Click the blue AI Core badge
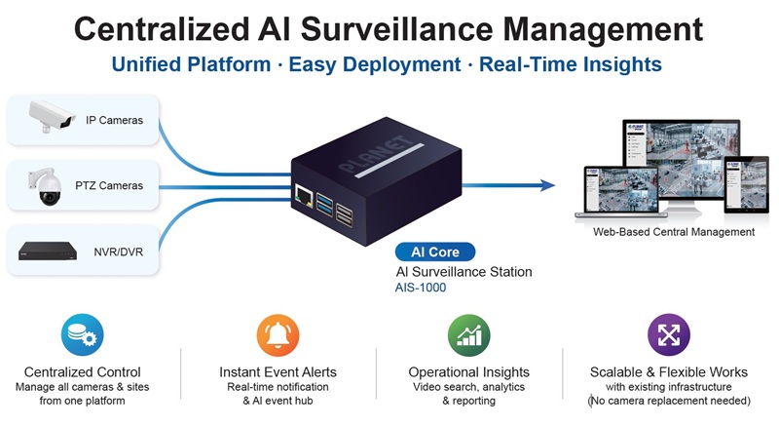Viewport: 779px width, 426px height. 435,252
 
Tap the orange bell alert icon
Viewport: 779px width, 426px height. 277,335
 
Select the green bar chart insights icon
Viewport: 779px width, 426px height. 468,335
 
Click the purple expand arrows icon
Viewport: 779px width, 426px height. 668,335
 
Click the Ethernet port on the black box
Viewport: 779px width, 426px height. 304,195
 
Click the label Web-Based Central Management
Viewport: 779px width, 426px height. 674,232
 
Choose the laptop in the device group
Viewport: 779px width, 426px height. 608,192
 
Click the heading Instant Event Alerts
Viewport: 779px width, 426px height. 278,371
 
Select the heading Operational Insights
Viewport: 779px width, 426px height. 469,371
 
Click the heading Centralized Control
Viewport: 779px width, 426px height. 83,371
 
